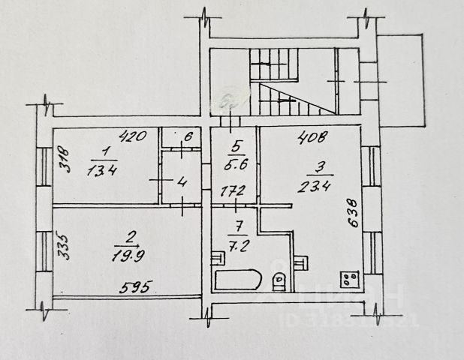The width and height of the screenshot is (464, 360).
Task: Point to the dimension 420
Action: pos(132,137)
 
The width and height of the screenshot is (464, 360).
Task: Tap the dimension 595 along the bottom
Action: pos(137,286)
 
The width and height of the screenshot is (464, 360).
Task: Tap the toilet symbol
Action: pos(278,280)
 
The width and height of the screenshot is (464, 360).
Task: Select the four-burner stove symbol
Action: pos(349,279)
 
